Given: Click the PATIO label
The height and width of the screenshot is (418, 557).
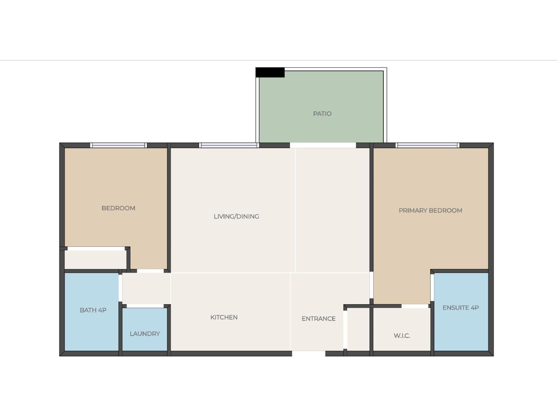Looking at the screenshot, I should pyautogui.click(x=322, y=114).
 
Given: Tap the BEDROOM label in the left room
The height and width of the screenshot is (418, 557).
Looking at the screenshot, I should pyautogui.click(x=118, y=208).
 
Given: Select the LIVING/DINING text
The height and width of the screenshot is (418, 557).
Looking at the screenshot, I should pyautogui.click(x=236, y=216).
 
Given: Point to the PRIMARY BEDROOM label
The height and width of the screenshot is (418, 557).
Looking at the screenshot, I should pyautogui.click(x=430, y=210).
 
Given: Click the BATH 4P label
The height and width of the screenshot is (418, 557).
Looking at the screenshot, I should pyautogui.click(x=93, y=310).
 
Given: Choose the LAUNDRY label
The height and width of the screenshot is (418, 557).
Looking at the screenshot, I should pyautogui.click(x=145, y=334).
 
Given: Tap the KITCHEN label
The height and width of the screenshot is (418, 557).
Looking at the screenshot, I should pyautogui.click(x=224, y=317).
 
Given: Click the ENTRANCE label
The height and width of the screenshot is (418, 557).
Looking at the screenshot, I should pyautogui.click(x=319, y=319).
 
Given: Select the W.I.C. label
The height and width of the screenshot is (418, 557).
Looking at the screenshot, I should pyautogui.click(x=402, y=336).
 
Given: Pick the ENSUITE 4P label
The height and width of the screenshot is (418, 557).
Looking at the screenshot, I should pyautogui.click(x=461, y=308).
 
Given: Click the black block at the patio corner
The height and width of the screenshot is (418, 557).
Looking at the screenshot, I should pyautogui.click(x=270, y=72).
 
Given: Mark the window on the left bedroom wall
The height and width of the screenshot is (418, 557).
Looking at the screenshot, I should pyautogui.click(x=118, y=145).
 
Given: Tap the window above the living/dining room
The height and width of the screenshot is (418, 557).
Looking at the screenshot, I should pyautogui.click(x=229, y=145).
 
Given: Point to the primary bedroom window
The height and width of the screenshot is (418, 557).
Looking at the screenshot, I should pyautogui.click(x=427, y=145).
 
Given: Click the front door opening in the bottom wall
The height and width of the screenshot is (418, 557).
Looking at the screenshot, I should pyautogui.click(x=308, y=354).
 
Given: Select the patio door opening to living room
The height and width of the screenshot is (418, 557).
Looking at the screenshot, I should pyautogui.click(x=323, y=145).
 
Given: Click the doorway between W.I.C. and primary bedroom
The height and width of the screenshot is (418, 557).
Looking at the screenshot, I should pyautogui.click(x=415, y=306).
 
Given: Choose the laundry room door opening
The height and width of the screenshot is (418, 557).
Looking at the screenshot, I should pyautogui.click(x=145, y=306).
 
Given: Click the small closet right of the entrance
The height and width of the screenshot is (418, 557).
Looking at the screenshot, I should pyautogui.click(x=358, y=329).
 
